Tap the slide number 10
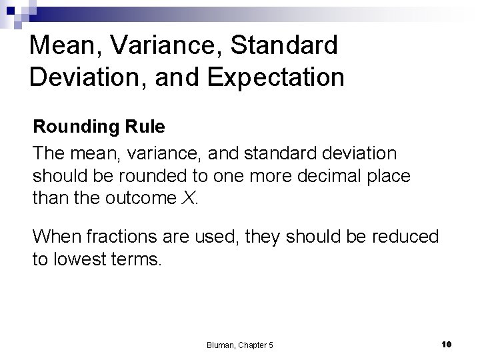pyautogui.click(x=447, y=343)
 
